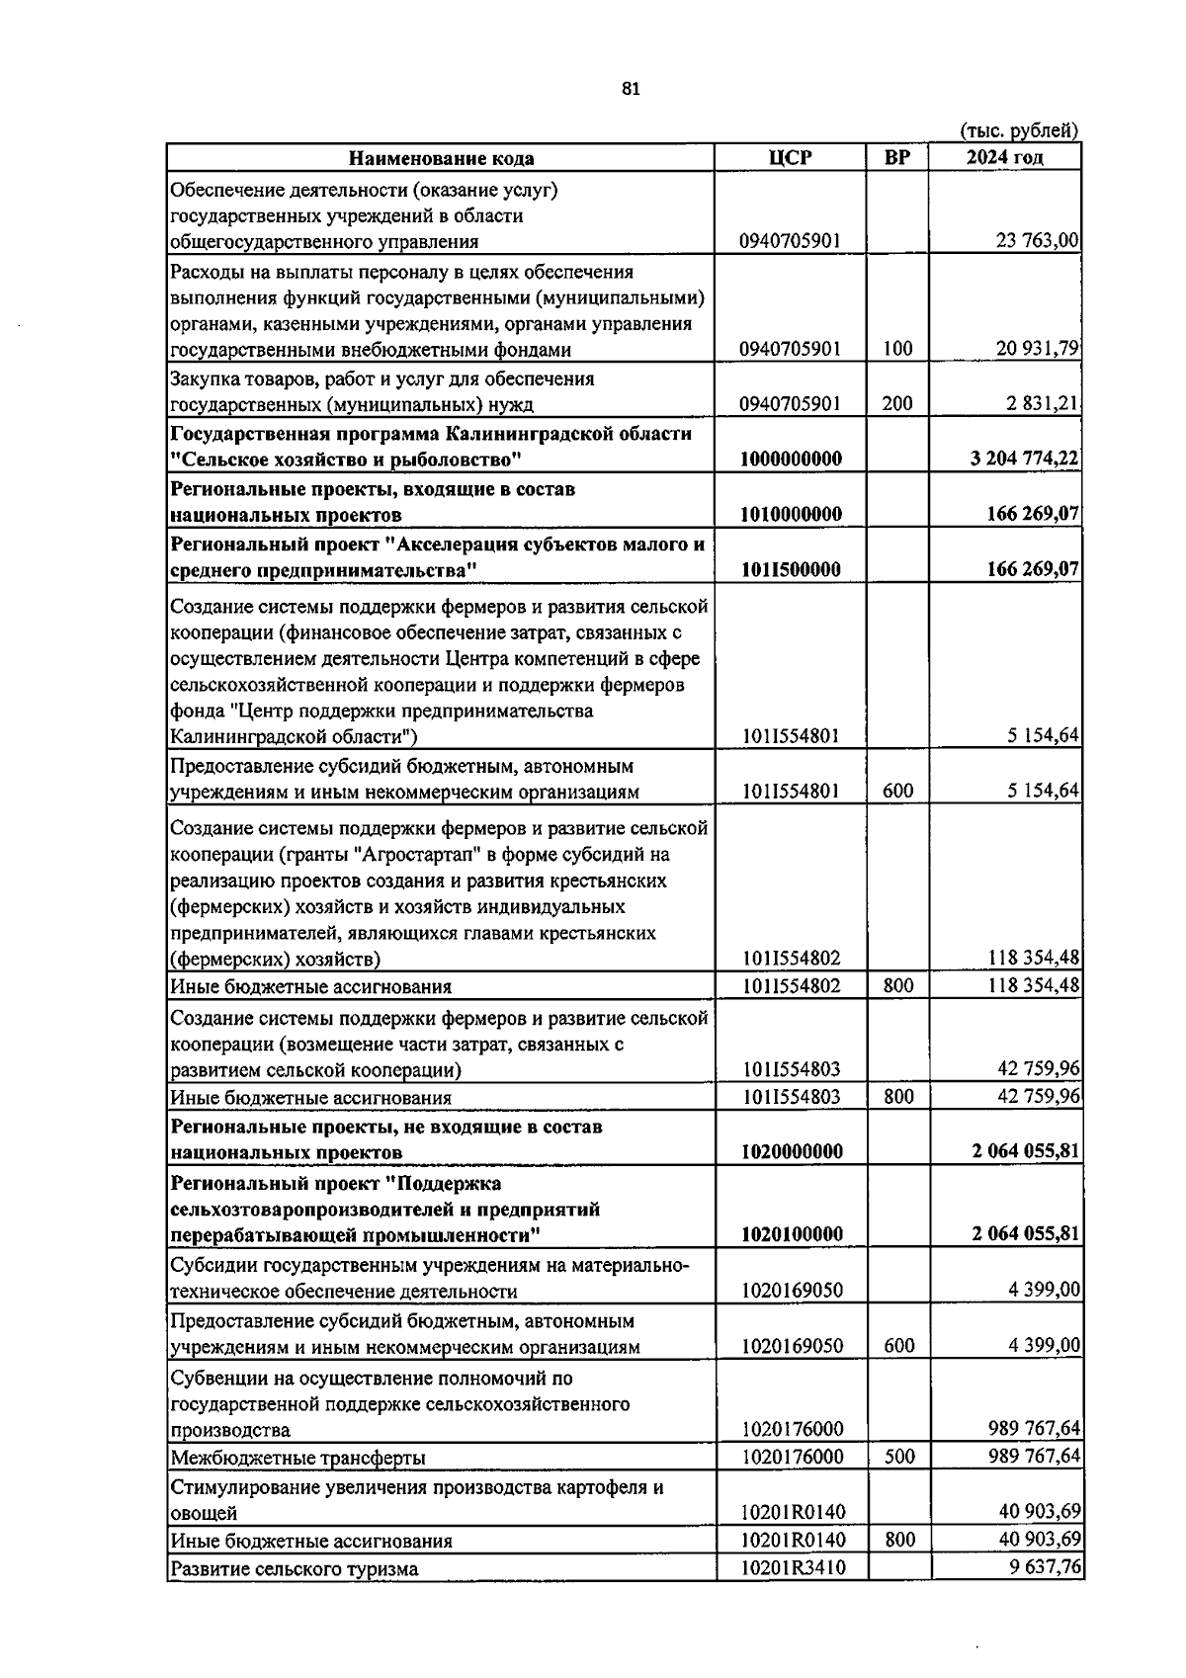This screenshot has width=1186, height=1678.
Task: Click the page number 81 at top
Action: point(631,89)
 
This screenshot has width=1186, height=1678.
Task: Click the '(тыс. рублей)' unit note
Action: point(1019,130)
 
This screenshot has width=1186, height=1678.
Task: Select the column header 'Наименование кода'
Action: point(441,158)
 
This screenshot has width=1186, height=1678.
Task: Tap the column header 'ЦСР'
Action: point(790,158)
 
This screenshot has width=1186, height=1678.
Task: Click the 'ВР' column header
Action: point(897,158)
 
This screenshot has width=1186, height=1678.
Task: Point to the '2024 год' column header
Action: point(1004,158)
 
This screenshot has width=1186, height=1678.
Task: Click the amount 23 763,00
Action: point(1037,241)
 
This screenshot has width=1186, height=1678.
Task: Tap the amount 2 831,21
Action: point(1043,404)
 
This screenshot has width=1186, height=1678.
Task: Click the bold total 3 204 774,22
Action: point(1024,460)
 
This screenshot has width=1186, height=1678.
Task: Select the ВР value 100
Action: point(897,349)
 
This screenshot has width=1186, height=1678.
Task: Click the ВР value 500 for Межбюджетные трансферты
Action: point(897,1457)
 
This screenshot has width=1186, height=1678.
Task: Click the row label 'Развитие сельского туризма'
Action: point(294,1568)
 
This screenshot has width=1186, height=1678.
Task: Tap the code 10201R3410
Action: point(792,1567)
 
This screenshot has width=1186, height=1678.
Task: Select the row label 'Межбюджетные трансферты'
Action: point(297,1458)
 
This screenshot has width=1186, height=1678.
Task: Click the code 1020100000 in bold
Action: point(792,1234)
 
